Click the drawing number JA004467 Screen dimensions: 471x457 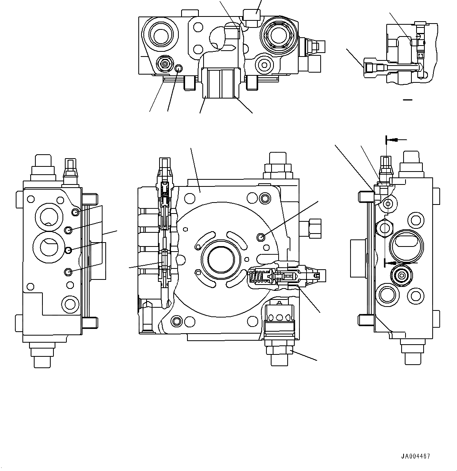click(415, 456)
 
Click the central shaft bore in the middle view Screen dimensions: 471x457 click(220, 259)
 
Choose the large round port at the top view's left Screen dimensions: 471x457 click(160, 36)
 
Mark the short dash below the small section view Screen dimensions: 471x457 click(407, 100)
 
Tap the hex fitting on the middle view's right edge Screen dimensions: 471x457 click(313, 227)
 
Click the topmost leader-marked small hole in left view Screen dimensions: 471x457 click(75, 212)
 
